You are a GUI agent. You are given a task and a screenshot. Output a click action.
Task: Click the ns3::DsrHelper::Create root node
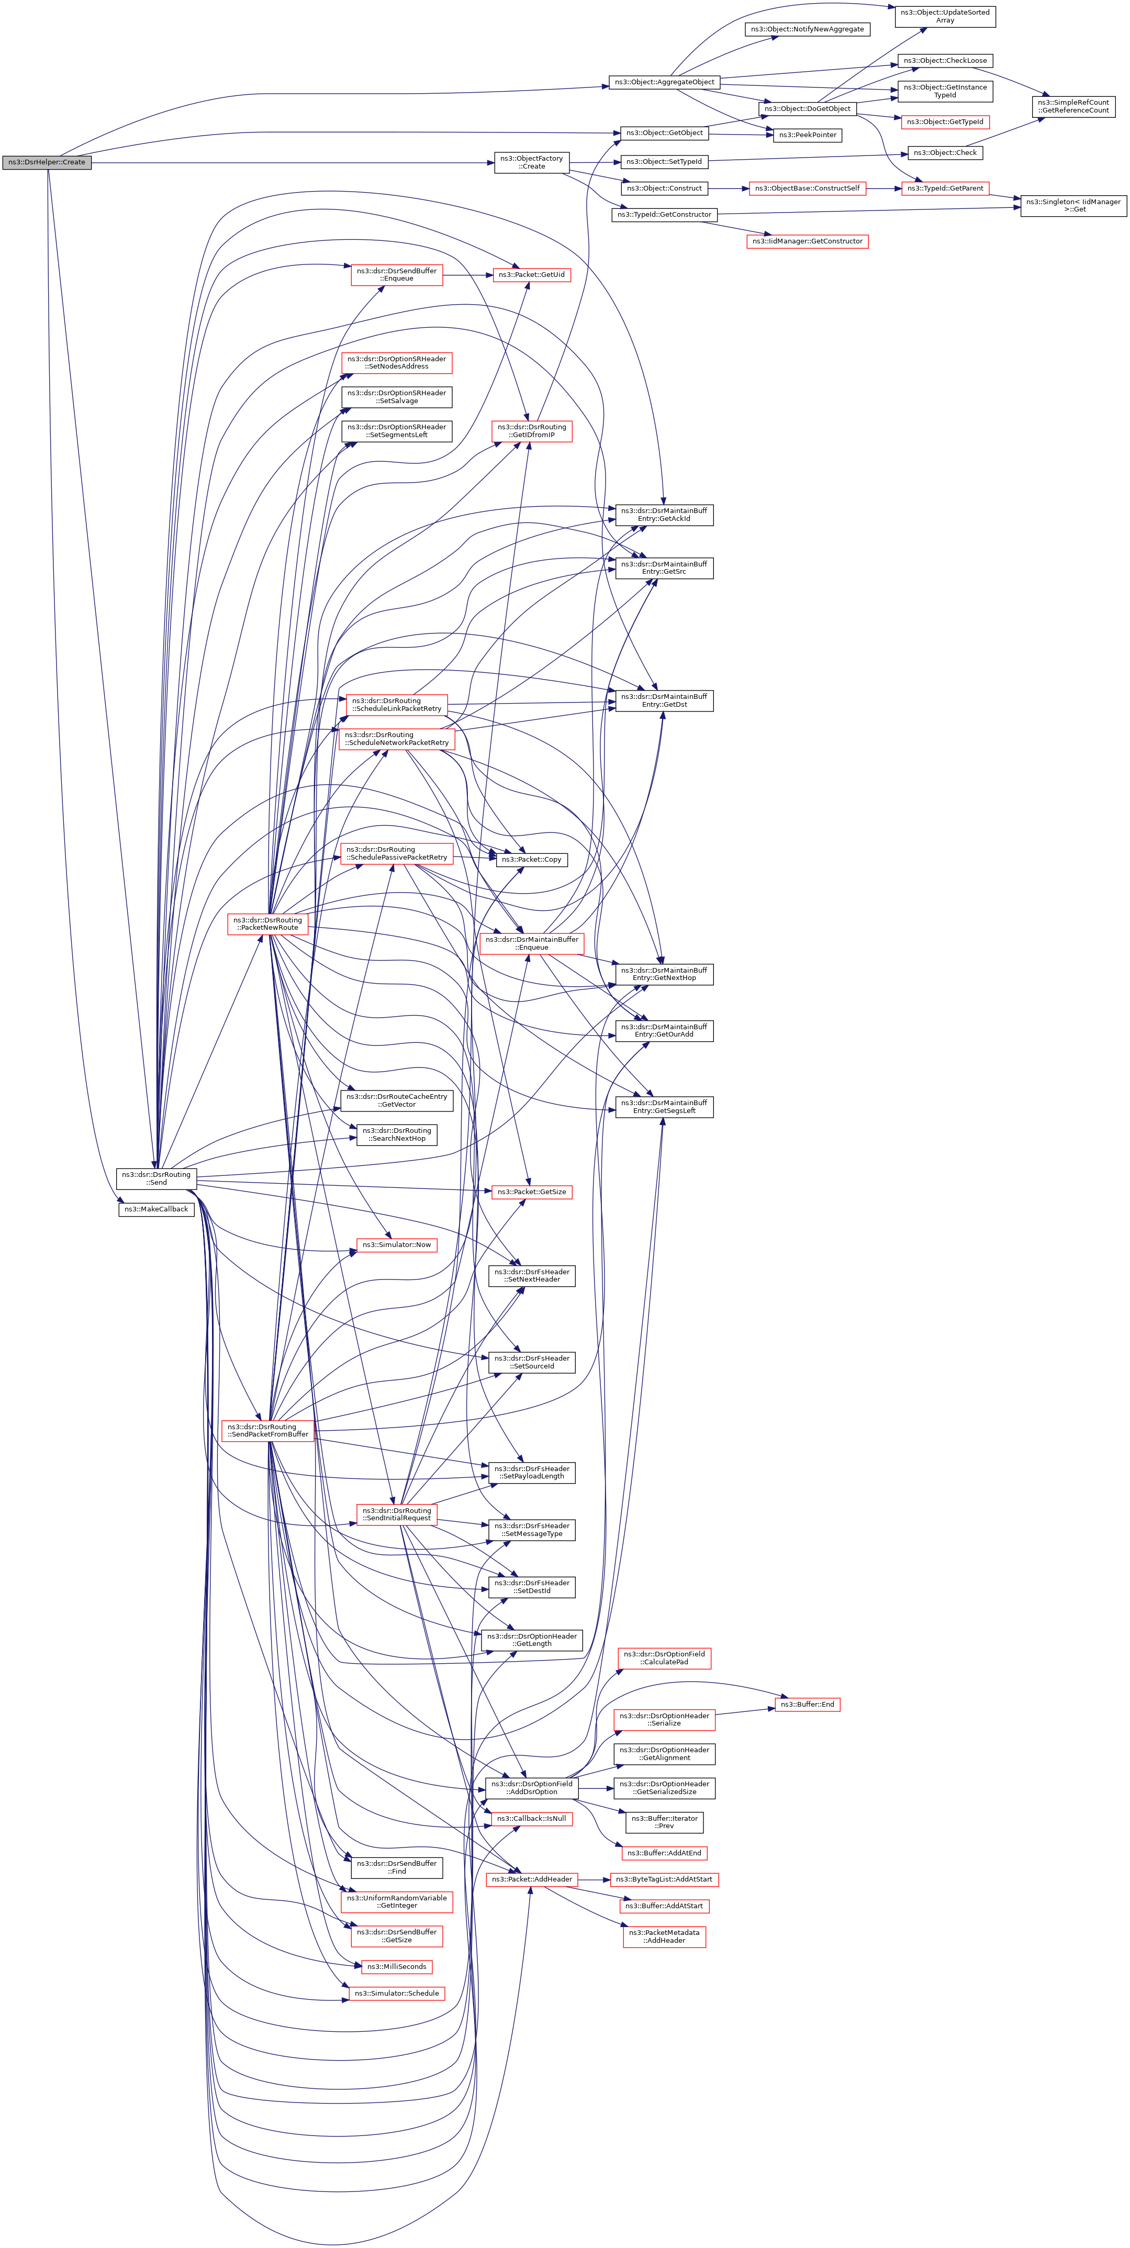(46, 162)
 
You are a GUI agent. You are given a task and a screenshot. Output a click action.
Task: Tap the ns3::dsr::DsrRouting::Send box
(156, 1178)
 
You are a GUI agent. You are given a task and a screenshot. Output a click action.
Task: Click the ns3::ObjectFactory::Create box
(531, 162)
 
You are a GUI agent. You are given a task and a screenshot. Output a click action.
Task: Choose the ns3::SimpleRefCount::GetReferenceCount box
(1073, 106)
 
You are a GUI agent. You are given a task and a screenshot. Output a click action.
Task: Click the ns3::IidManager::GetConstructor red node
(807, 241)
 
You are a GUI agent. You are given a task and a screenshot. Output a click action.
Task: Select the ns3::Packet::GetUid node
(531, 275)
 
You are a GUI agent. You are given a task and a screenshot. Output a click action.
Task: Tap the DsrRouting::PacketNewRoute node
(268, 923)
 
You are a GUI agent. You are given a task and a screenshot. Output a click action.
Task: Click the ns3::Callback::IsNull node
(531, 1819)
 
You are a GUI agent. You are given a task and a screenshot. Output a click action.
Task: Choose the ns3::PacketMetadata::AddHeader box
(664, 1937)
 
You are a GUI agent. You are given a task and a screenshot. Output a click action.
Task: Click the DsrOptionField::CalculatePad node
(664, 1658)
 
